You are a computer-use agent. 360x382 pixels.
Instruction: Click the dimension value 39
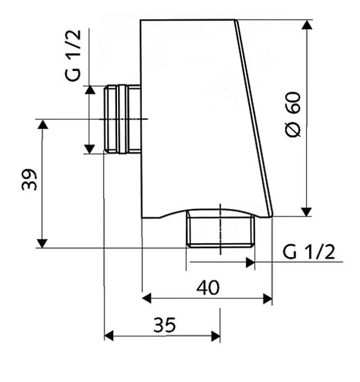[30, 179]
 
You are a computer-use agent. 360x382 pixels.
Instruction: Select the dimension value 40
[208, 287]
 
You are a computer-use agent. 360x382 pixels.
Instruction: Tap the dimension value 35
[164, 325]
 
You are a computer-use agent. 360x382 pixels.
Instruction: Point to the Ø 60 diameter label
[293, 115]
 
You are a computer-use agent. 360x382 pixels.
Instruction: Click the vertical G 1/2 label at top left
[73, 55]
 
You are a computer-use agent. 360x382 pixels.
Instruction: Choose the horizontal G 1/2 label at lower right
[308, 252]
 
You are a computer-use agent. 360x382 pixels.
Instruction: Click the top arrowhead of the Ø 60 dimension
[307, 25]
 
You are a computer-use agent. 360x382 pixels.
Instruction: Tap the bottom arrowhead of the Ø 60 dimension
[307, 212]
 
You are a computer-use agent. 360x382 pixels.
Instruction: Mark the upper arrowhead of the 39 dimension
[43, 124]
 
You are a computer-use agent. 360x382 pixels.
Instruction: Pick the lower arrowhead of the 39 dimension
[42, 243]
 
